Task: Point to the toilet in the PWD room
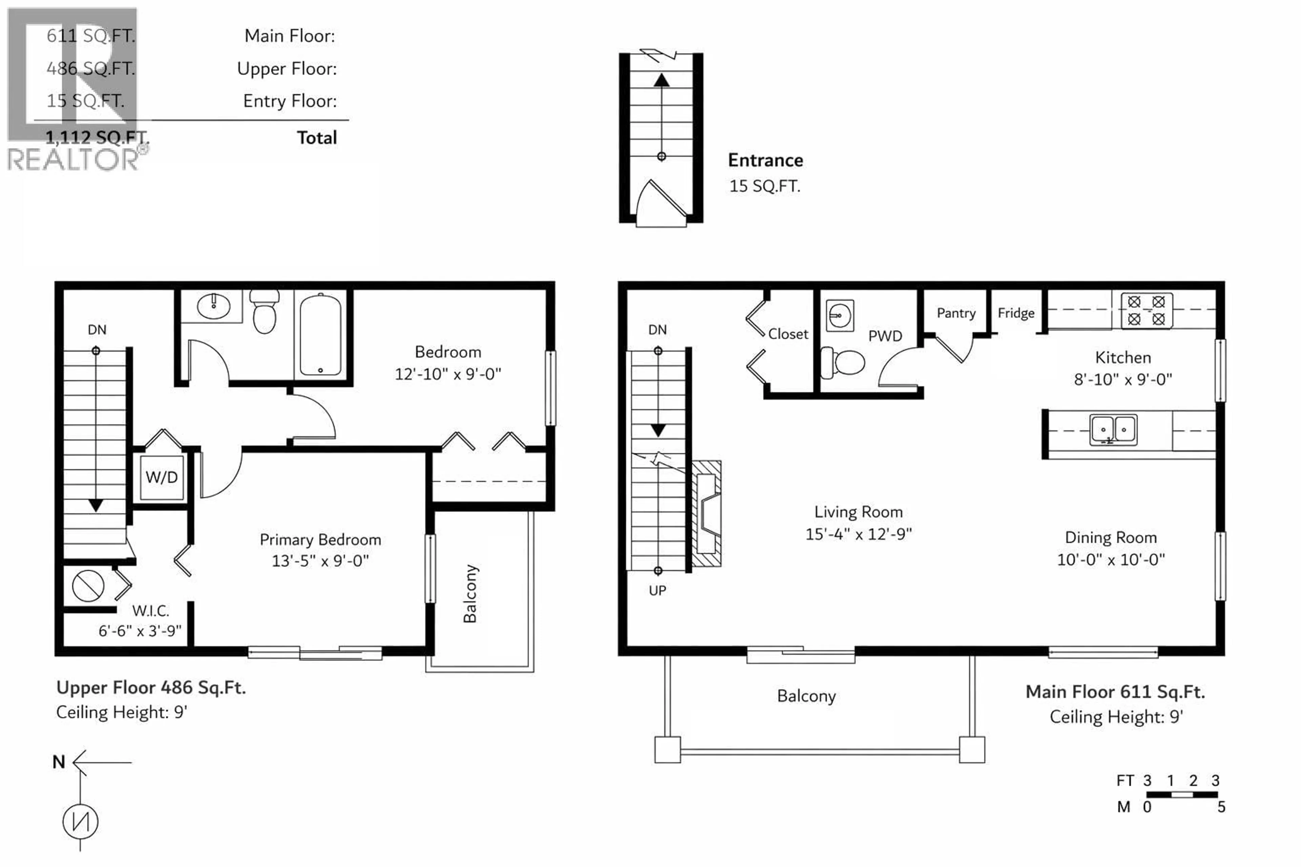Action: (x=844, y=363)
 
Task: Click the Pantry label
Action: (x=956, y=313)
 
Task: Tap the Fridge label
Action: (x=1016, y=313)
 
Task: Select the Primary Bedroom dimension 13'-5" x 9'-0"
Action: (x=320, y=561)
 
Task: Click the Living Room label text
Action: (x=858, y=512)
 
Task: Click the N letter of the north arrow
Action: (x=59, y=762)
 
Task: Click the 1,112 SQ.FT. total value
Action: (x=97, y=137)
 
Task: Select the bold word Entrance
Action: (x=765, y=160)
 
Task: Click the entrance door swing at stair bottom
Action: (x=661, y=203)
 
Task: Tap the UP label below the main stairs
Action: (x=657, y=591)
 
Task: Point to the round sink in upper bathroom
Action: (x=213, y=306)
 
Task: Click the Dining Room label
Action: (x=1111, y=537)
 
